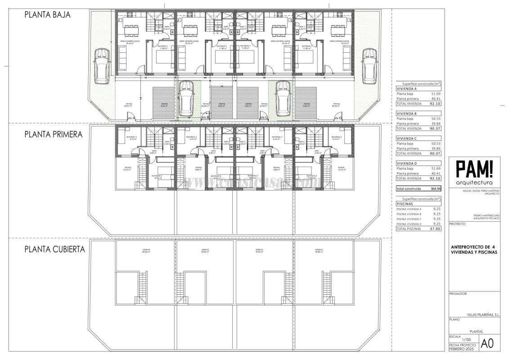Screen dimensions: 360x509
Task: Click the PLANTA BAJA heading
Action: [48, 14]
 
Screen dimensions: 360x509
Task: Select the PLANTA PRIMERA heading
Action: [53, 134]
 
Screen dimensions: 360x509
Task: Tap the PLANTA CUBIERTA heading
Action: [54, 249]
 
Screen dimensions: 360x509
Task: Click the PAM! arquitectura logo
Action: [474, 173]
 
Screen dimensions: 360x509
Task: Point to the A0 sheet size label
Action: [487, 343]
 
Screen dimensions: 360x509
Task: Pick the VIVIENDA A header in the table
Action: [407, 89]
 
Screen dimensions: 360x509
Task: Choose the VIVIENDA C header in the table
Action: [407, 139]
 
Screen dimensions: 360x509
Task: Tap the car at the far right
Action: [369, 66]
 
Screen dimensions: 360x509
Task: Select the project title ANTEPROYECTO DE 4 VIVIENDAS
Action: [474, 249]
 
